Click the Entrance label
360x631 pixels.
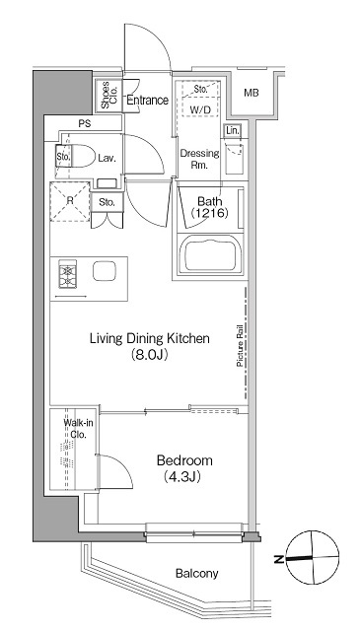(147, 101)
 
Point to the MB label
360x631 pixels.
(252, 93)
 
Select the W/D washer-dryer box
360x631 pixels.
(200, 99)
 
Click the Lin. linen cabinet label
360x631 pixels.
(233, 130)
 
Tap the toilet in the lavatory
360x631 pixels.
(80, 156)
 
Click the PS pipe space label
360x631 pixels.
(85, 124)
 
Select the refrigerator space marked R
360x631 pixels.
(70, 201)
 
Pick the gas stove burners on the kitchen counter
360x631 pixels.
(67, 274)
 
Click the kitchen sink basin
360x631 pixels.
(105, 271)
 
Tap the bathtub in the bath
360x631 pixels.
(209, 255)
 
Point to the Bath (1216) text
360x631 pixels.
(209, 207)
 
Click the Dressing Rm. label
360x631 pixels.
(200, 159)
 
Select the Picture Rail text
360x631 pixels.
(240, 346)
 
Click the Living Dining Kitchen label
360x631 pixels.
(149, 338)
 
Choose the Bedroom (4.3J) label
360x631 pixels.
(184, 468)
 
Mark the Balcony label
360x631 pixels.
(197, 573)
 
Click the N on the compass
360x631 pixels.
(278, 559)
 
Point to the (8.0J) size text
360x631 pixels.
(149, 355)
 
